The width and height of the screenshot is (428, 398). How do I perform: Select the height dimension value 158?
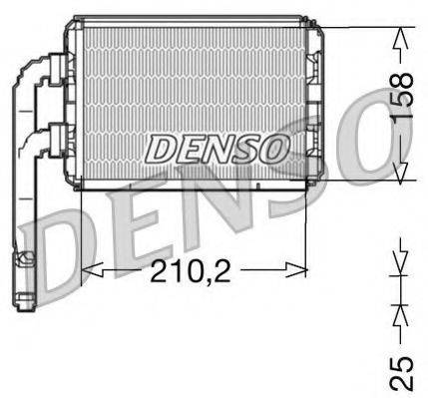coord(402,96)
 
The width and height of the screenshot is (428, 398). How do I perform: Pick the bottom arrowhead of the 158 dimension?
coord(402,175)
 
